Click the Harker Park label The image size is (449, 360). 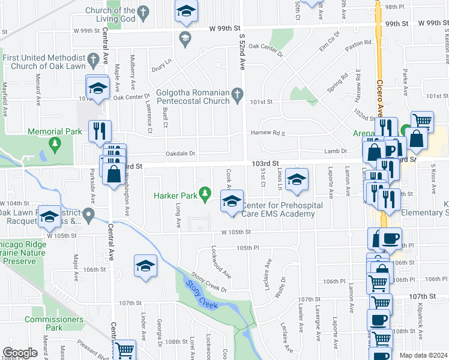pyautogui.click(x=176, y=195)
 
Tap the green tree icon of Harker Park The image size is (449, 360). pyautogui.click(x=206, y=193)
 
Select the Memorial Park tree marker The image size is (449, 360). pyautogui.click(x=55, y=143)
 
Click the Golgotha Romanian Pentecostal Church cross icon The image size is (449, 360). pyautogui.click(x=238, y=94)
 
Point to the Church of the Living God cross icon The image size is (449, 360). pyautogui.click(x=142, y=11)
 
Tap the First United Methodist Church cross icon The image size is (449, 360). pyautogui.click(x=92, y=60)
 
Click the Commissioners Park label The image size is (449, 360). pyautogui.click(x=54, y=323)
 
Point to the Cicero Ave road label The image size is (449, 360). pyautogui.click(x=380, y=90)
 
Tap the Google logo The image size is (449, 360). pyautogui.click(x=20, y=353)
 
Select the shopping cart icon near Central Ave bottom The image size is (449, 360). pyautogui.click(x=124, y=349)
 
